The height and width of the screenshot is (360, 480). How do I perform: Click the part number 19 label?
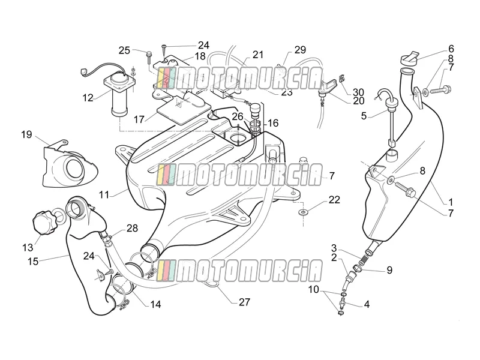tap(26, 134)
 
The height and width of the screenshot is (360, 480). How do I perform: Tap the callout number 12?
tap(88, 98)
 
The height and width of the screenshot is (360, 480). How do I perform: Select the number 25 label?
tap(124, 50)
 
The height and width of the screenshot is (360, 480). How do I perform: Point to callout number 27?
tap(244, 302)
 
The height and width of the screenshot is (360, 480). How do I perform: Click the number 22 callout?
tap(334, 200)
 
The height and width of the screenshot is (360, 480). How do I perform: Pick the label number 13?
tap(28, 247)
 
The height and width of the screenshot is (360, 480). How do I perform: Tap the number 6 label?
tap(451, 49)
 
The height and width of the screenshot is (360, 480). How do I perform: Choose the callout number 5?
tap(364, 116)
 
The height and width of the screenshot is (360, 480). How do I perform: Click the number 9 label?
tap(389, 270)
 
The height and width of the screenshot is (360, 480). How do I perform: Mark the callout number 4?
tap(367, 304)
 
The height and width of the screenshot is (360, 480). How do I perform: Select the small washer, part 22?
tap(303, 212)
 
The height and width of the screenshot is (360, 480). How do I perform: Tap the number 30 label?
tap(358, 92)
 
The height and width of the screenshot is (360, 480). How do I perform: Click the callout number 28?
tap(132, 228)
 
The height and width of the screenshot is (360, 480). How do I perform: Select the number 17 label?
tap(139, 119)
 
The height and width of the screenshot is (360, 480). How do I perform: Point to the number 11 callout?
tap(104, 194)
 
